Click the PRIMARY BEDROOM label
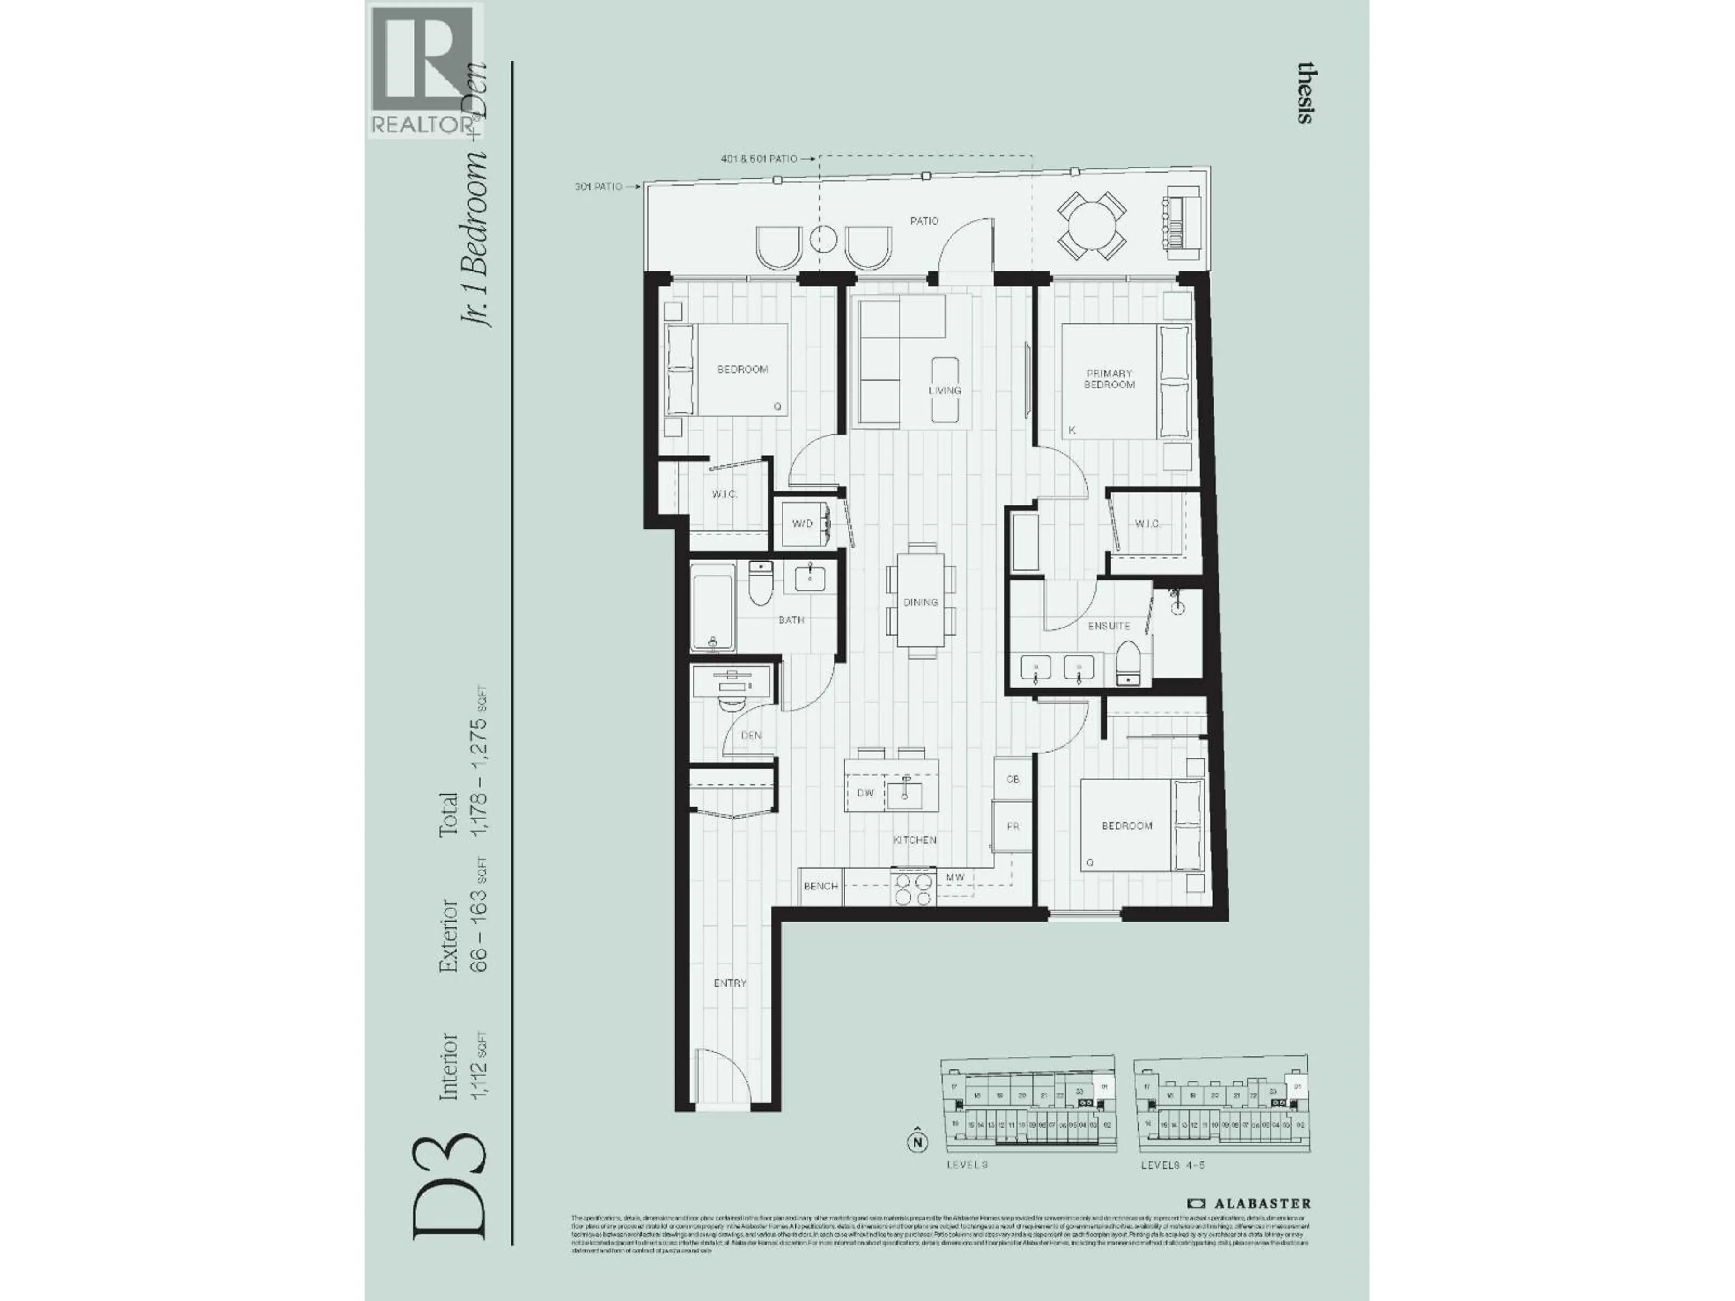[x=1109, y=379]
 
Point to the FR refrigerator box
[x=1013, y=827]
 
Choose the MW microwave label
[x=955, y=878]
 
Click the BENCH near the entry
[x=821, y=886]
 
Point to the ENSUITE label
[x=1109, y=626]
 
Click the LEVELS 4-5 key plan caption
[x=1172, y=1187]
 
